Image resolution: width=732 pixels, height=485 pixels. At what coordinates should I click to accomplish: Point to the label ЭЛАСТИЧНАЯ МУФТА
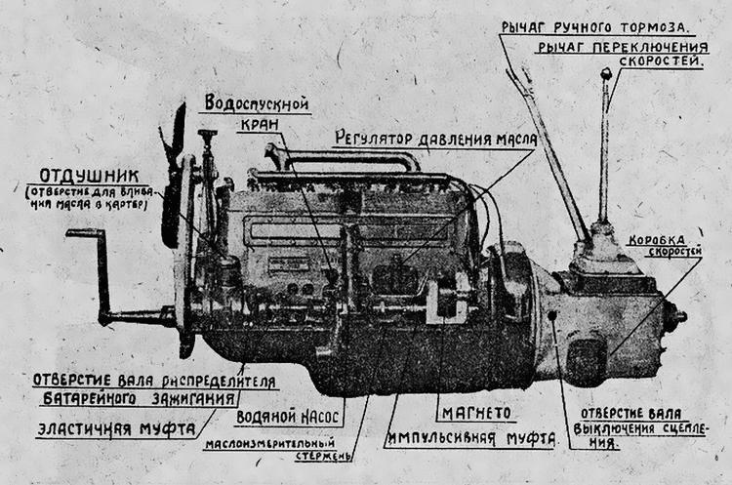click(x=115, y=428)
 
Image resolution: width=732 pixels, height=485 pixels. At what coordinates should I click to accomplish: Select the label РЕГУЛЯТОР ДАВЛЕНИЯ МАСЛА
click(x=434, y=139)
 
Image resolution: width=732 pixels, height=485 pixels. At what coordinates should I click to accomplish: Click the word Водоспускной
click(x=258, y=103)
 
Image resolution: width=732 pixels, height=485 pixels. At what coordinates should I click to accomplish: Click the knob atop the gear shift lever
click(x=606, y=74)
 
